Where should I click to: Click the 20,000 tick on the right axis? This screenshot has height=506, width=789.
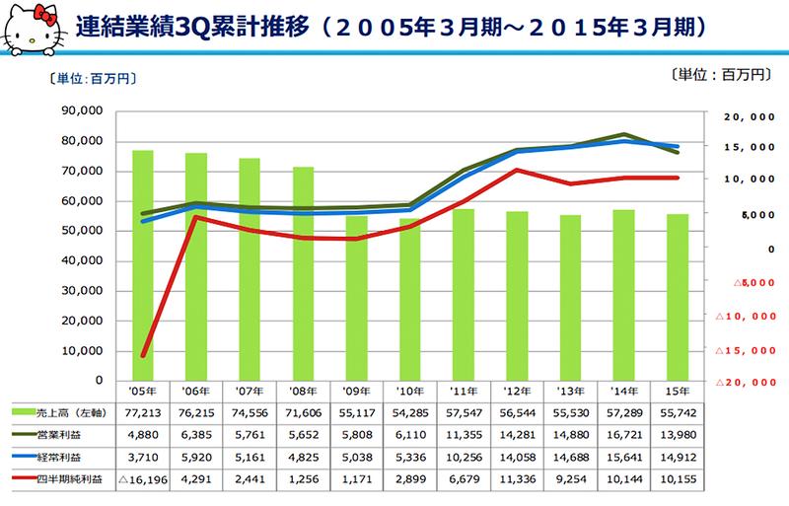(x=746, y=116)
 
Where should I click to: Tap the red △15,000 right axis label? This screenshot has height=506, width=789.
(x=743, y=350)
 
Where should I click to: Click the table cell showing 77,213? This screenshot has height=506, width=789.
(x=142, y=409)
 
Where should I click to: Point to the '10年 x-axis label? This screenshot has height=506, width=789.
(x=410, y=389)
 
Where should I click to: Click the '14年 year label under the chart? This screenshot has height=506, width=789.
(x=624, y=389)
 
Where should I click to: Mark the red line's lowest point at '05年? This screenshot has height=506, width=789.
(x=143, y=356)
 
